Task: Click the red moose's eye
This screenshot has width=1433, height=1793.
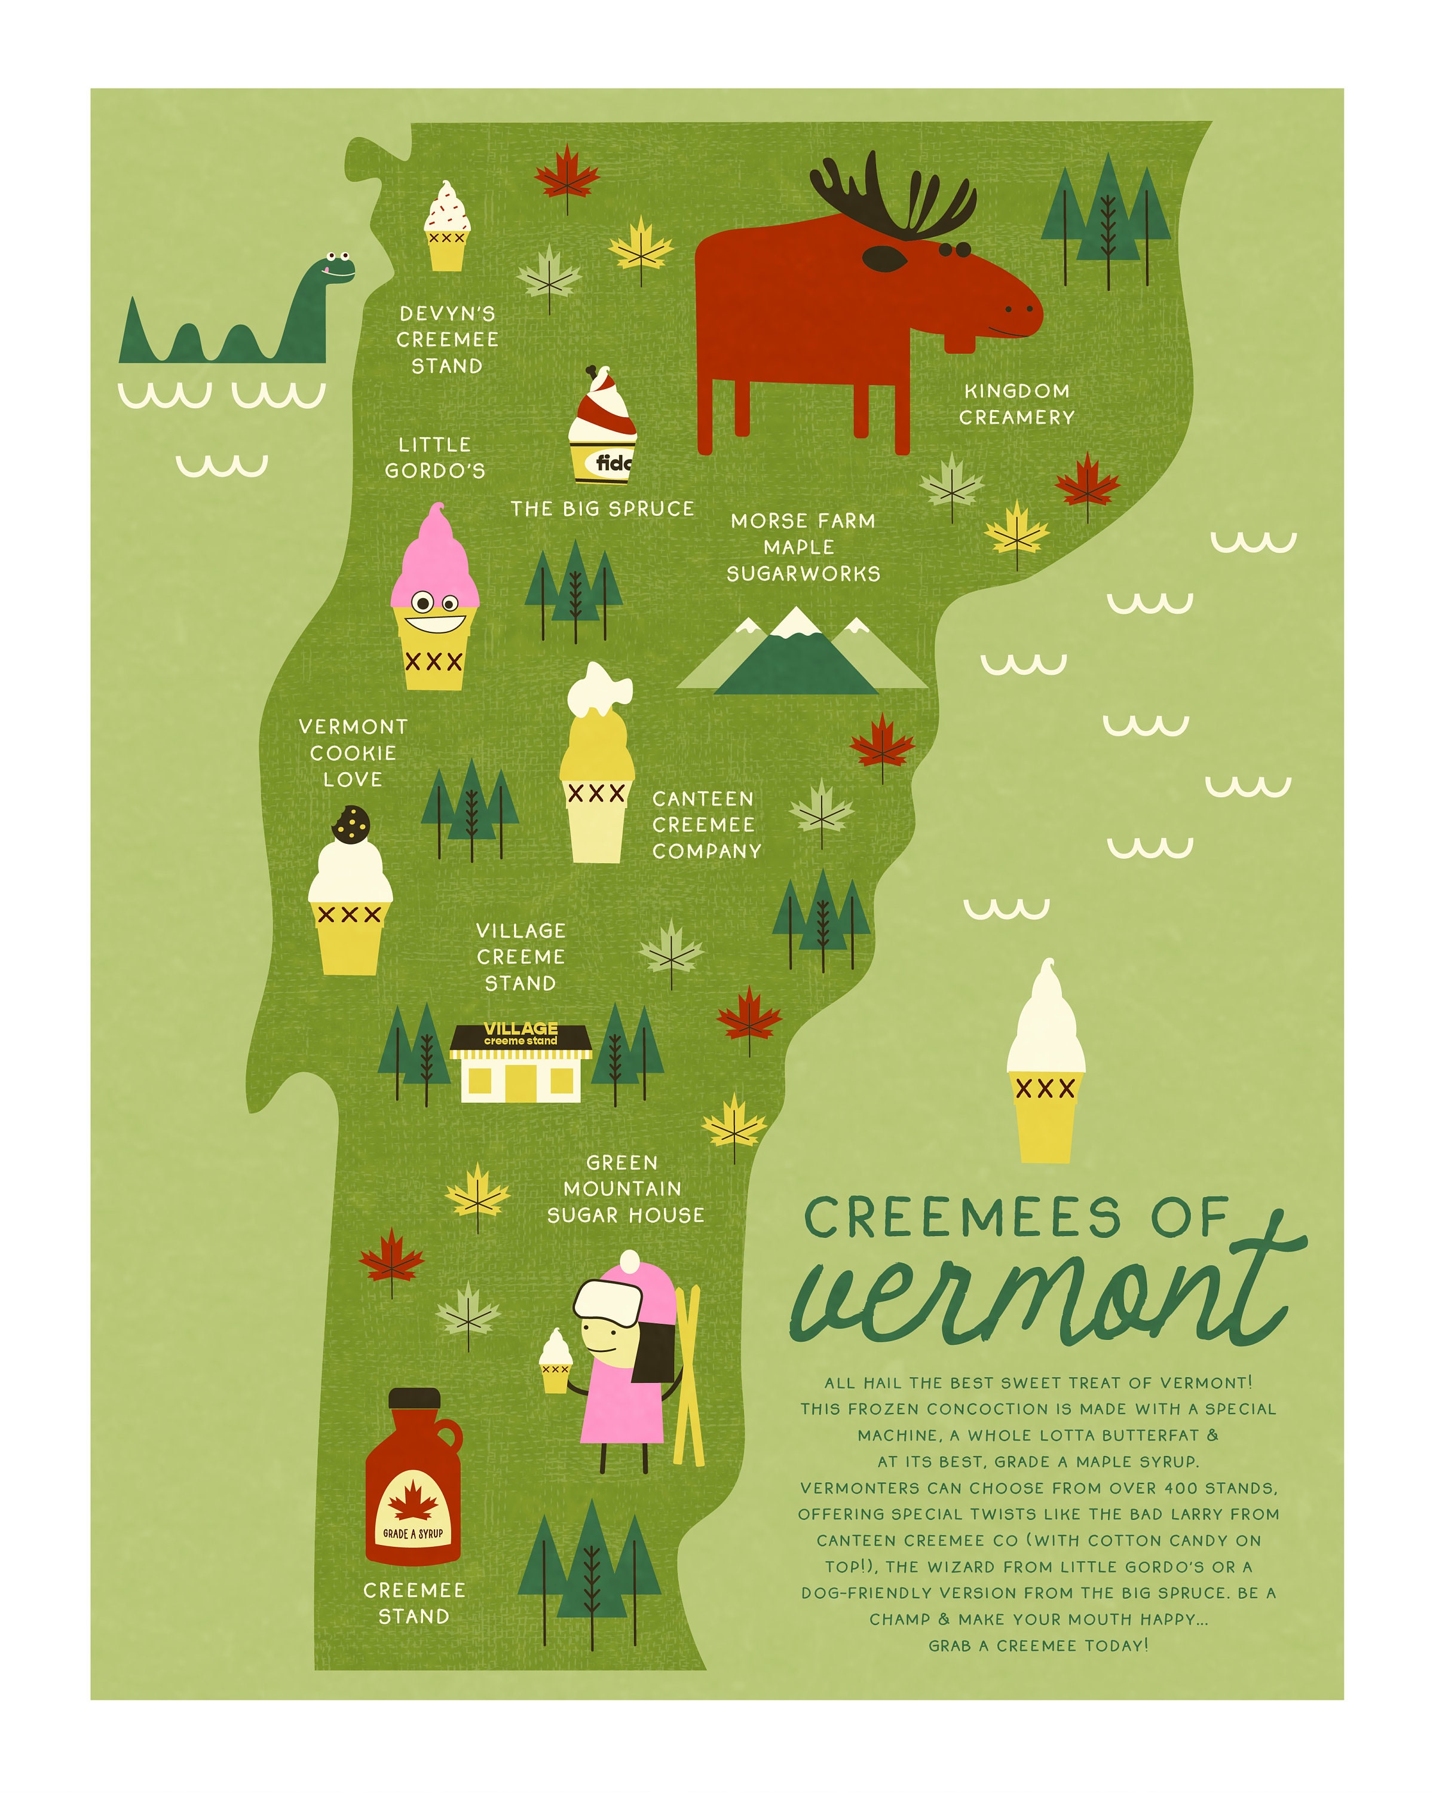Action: coord(884,259)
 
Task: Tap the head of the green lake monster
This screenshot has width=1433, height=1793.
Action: coord(331,268)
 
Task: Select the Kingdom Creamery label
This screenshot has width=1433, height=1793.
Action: coord(1016,404)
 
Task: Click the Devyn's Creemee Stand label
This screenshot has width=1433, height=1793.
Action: coord(448,339)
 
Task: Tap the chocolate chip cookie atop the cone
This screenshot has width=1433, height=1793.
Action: coord(351,824)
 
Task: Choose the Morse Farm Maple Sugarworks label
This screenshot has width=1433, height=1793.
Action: coord(803,547)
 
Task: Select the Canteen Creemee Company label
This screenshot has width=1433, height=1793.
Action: coord(706,824)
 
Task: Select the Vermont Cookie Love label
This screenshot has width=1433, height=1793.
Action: coord(353,752)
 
